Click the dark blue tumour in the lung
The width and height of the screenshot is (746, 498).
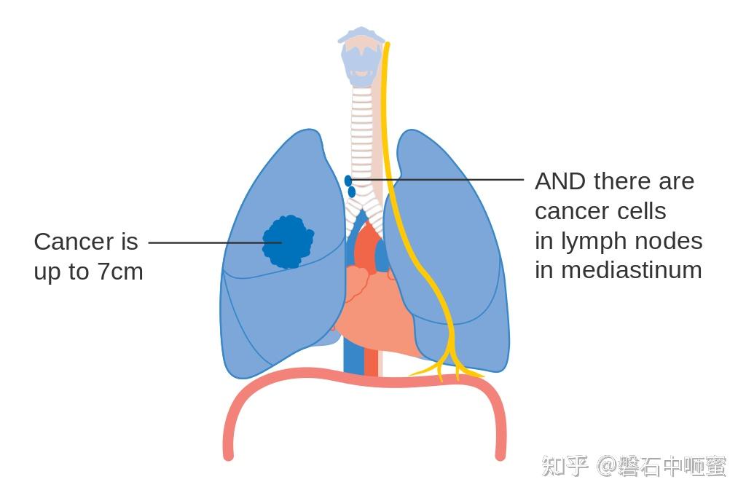288,241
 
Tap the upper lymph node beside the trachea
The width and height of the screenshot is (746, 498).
348,180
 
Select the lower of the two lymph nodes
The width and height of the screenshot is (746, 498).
352,191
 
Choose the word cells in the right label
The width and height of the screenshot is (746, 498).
642,211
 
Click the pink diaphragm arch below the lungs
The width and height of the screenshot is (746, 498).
364,379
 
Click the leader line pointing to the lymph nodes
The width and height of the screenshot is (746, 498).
452,179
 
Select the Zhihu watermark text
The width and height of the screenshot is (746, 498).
634,466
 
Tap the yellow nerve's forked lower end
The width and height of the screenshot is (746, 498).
448,364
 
